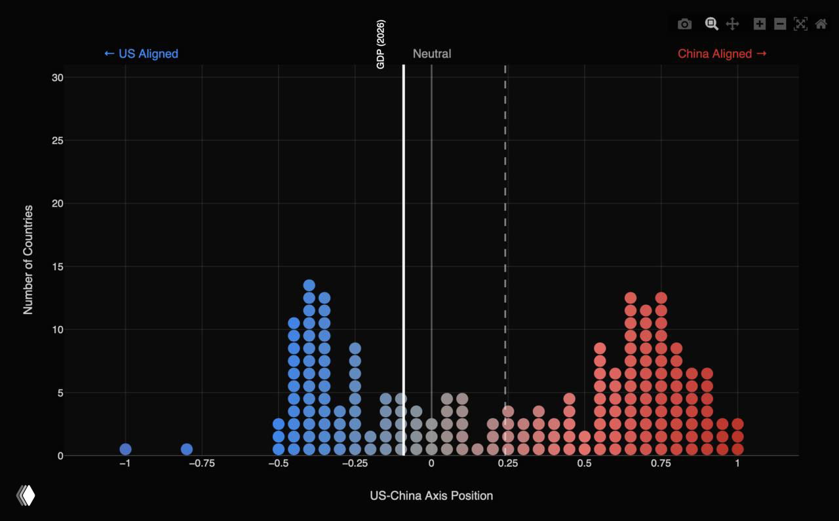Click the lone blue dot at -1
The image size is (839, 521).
pos(125,449)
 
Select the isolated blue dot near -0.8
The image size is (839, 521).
pos(187,449)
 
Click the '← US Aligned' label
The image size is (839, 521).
pos(141,54)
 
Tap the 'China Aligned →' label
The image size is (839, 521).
pos(722,54)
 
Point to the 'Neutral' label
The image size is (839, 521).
pos(432,54)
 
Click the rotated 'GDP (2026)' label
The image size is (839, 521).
pos(381,45)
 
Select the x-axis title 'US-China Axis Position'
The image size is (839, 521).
pos(431,495)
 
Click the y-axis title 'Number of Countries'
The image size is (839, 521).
pos(28,260)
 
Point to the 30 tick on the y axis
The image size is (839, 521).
pos(58,77)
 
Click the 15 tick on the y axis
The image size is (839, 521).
pos(58,266)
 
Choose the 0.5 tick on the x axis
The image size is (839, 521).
pos(584,463)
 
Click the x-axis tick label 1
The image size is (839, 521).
pos(737,463)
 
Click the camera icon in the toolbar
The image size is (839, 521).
pos(684,24)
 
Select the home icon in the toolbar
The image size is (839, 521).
pos(821,24)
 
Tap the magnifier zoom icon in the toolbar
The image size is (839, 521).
pos(711,24)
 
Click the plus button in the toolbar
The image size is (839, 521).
pos(759,24)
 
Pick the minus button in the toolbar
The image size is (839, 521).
pos(780,24)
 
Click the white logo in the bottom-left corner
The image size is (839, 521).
pos(26,495)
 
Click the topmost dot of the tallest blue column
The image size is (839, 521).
pos(309,285)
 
